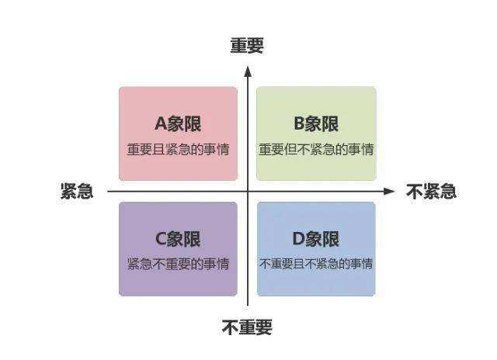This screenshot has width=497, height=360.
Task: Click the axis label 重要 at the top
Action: click(247, 46)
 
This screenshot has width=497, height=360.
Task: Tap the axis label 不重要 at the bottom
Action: click(247, 327)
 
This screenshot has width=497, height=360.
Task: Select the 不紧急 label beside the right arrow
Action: click(432, 191)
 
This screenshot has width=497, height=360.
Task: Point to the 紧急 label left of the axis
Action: click(77, 191)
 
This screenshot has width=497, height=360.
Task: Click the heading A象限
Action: click(178, 123)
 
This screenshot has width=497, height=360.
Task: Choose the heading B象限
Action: click(316, 123)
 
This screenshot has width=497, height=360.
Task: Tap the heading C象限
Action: click(178, 239)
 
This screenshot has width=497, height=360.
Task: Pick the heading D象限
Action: click(316, 239)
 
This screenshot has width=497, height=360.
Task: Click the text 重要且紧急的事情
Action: click(178, 150)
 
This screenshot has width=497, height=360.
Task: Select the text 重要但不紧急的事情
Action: click(316, 150)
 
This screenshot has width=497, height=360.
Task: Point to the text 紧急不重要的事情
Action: click(178, 264)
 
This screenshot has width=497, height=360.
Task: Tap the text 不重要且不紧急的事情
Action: click(316, 264)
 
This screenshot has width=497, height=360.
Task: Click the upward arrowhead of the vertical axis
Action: click(248, 71)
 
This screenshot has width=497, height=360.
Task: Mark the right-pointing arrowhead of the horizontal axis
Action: click(388, 191)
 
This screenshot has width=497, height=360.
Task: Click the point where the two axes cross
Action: click(248, 191)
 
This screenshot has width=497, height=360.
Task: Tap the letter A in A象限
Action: click(161, 123)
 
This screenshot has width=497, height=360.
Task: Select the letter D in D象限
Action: click(298, 239)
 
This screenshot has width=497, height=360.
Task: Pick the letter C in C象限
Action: click(161, 239)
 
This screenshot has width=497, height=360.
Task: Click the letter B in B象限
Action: click(300, 123)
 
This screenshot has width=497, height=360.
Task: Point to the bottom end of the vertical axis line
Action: click(248, 306)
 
